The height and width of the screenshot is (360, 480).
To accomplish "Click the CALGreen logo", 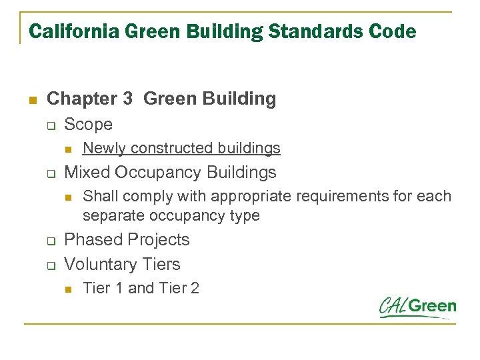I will [x=417, y=307].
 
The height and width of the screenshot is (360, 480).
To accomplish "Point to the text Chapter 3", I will [x=90, y=99].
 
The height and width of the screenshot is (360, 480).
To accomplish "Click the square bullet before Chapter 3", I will [x=31, y=100].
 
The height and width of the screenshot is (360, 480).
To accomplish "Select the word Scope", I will [x=88, y=125].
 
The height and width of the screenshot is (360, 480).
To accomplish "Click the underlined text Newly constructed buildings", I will [x=181, y=148].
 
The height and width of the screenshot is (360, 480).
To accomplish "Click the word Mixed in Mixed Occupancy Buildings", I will [x=87, y=173].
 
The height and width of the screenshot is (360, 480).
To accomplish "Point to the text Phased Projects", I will [x=127, y=240].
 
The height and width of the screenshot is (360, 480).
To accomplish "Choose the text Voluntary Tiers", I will [x=122, y=265].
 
